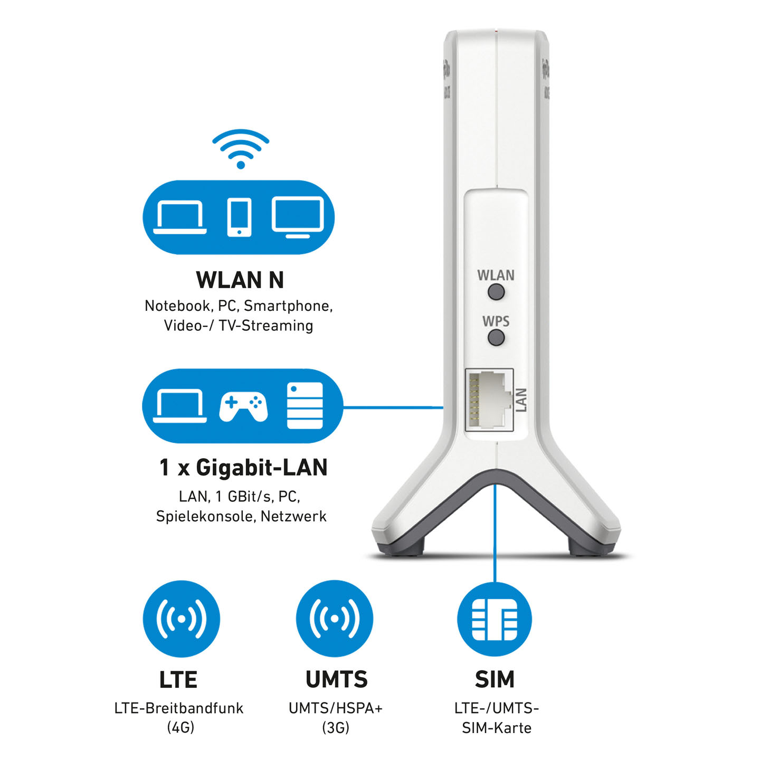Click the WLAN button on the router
tap(496, 292)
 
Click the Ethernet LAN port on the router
tap(489, 400)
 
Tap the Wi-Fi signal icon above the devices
tap(241, 148)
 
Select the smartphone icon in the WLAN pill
tap(239, 217)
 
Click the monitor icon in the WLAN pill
tap(298, 216)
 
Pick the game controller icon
tap(243, 407)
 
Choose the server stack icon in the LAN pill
tap(305, 405)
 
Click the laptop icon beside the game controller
tap(179, 406)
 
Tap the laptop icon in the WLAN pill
tap(179, 217)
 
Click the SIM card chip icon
tap(495, 619)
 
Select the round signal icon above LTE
tap(181, 619)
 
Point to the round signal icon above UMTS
tap(335, 619)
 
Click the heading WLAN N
tap(240, 280)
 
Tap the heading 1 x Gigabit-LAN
tap(243, 468)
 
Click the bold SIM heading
tap(495, 679)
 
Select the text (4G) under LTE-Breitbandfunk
tap(180, 728)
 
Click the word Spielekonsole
tap(204, 516)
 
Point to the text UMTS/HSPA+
tap(335, 708)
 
